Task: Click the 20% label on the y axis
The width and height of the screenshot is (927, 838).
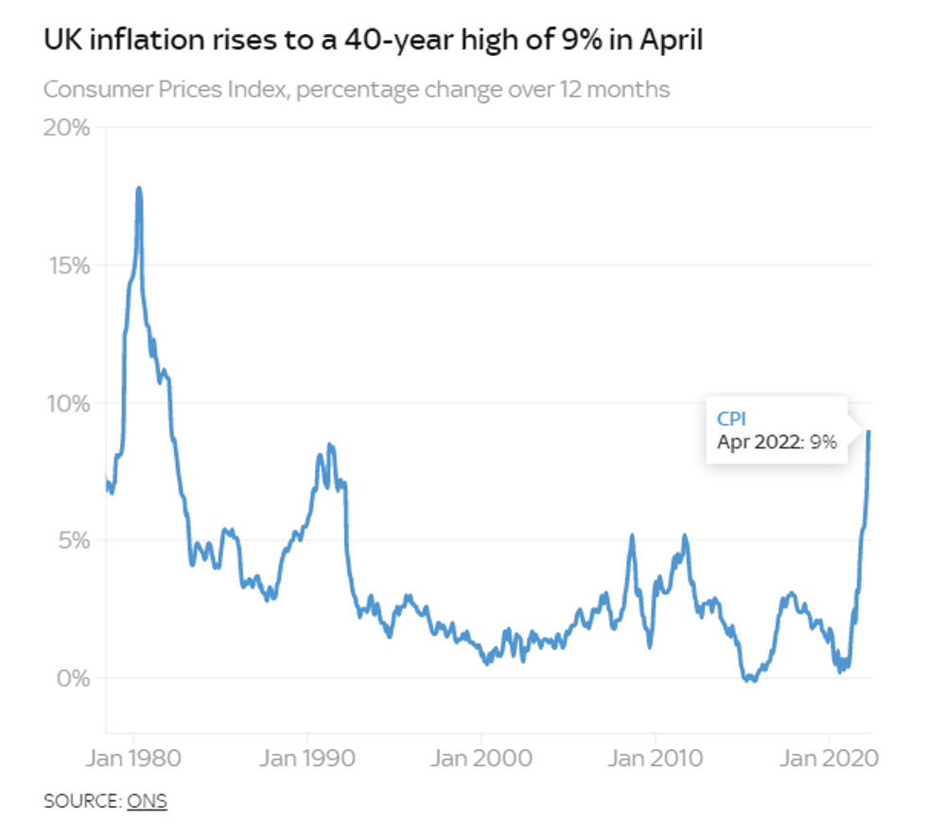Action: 66,128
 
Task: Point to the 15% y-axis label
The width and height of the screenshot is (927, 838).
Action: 66,265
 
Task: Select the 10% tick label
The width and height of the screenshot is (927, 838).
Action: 66,403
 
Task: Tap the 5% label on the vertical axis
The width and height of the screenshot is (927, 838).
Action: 71,541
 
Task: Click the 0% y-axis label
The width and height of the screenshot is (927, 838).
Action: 71,678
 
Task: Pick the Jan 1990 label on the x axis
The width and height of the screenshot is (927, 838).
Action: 307,759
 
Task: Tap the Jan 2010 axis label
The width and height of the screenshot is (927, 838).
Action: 655,759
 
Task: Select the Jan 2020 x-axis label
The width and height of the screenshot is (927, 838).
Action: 830,759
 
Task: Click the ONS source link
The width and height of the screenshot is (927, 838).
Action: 147,801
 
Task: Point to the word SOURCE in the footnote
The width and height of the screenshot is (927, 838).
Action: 80,801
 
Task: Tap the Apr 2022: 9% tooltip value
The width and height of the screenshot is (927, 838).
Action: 777,442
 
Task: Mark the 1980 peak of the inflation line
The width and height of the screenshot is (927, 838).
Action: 139,189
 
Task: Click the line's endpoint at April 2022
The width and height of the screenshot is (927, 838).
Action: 868,432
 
